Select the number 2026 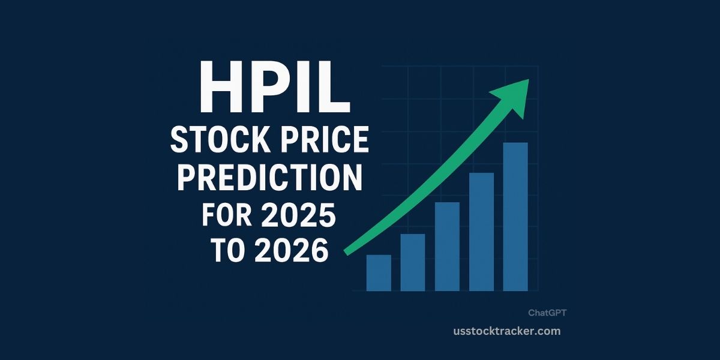pos(292,252)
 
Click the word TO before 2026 pos(230,252)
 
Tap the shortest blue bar pos(379,273)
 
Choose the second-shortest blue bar pos(413,262)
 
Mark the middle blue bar pos(447,247)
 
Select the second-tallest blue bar pos(481,232)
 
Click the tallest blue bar pos(515,217)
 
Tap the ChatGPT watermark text pos(547,313)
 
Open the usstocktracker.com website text pos(507,331)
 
